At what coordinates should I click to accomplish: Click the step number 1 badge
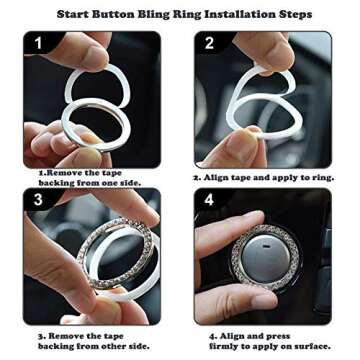(x=38, y=43)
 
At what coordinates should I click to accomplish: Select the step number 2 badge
(x=209, y=43)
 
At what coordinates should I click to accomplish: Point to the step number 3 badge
(x=38, y=200)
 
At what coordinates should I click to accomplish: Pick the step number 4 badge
(x=209, y=200)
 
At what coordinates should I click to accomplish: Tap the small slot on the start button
(x=266, y=247)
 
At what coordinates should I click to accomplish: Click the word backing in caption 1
(x=56, y=183)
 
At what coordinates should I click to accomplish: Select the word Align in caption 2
(x=216, y=178)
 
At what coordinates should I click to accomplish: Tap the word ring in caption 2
(x=322, y=178)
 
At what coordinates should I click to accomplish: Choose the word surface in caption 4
(x=311, y=346)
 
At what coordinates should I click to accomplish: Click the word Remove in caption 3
(x=62, y=336)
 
